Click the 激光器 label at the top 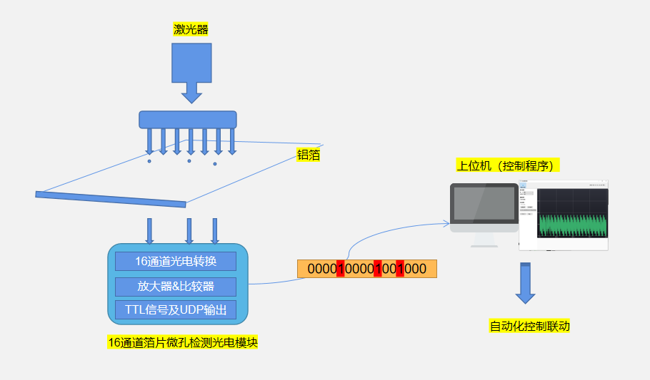point(191,29)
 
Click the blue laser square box point(191,62)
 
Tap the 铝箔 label point(308,155)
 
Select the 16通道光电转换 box point(176,261)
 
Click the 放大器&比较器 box point(176,287)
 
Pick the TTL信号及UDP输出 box point(176,310)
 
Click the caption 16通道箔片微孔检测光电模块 point(182,343)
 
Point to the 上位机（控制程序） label point(508,166)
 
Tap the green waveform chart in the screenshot point(572,224)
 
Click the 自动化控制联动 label point(529,327)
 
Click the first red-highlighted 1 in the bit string point(341,269)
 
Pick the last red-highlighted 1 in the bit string point(400,269)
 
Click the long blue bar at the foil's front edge point(111,199)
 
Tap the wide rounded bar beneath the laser point(187,119)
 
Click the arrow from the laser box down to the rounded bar point(191,92)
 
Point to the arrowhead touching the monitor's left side point(446,224)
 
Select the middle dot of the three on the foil point(189,161)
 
